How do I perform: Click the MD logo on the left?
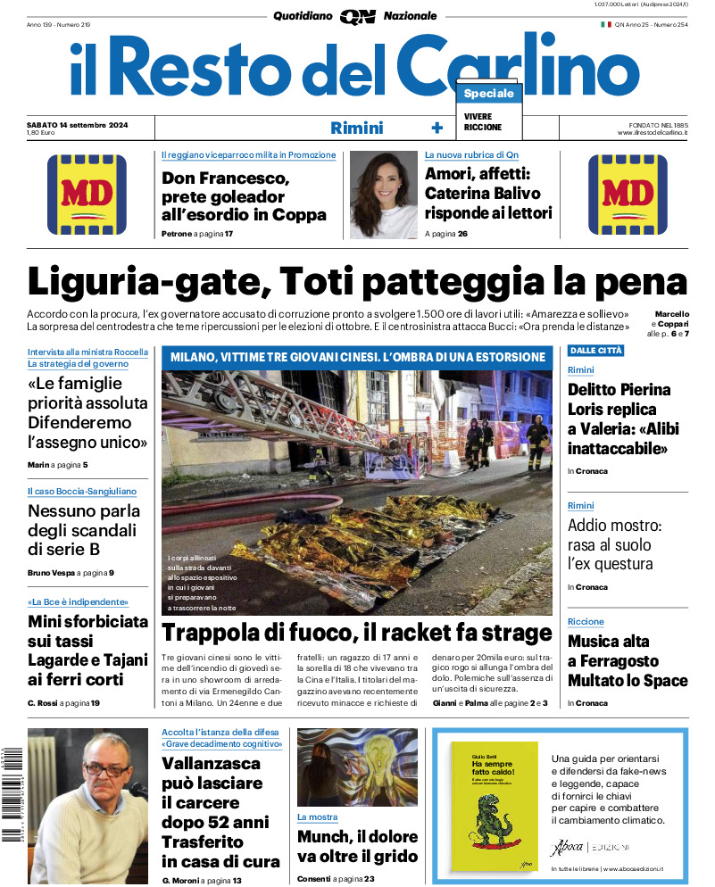pyautogui.click(x=87, y=194)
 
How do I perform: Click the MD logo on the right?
pyautogui.click(x=628, y=194)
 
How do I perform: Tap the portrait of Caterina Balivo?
pyautogui.click(x=383, y=195)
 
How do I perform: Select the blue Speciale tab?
pyautogui.click(x=488, y=94)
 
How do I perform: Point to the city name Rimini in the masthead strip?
pyautogui.click(x=356, y=128)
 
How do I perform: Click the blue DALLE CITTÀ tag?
pyautogui.click(x=595, y=351)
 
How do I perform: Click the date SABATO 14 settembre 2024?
pyautogui.click(x=77, y=124)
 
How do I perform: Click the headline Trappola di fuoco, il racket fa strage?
pyautogui.click(x=357, y=634)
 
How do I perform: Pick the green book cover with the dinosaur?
pyautogui.click(x=494, y=806)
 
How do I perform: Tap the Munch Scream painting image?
pyautogui.click(x=357, y=767)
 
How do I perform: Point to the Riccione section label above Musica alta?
pyautogui.click(x=586, y=622)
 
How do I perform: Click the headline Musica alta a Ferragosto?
pyautogui.click(x=628, y=661)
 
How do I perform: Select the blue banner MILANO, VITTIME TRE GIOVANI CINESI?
pyautogui.click(x=356, y=358)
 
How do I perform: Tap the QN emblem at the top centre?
pyautogui.click(x=357, y=16)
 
